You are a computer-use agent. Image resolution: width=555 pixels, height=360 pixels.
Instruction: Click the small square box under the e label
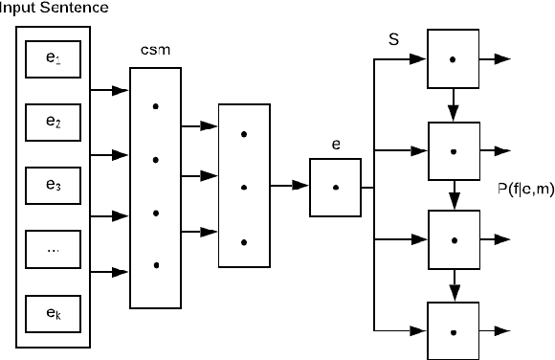(x=336, y=187)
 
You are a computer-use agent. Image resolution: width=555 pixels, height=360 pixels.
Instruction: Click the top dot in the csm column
(x=155, y=106)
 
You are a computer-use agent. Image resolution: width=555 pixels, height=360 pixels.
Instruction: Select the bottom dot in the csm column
(x=155, y=264)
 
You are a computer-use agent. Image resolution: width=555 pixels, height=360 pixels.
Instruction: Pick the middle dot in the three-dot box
(x=244, y=187)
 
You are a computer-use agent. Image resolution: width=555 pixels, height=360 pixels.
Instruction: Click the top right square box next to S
(x=454, y=59)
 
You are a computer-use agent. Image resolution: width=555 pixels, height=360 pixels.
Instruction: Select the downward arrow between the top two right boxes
(x=454, y=103)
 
